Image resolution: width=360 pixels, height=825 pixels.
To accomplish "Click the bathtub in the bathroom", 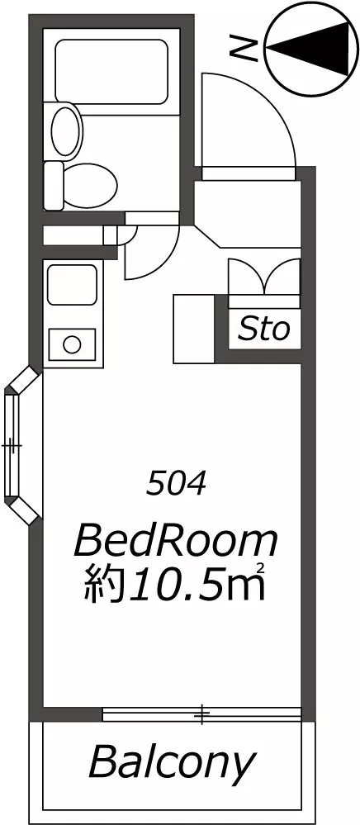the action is (x=111, y=72).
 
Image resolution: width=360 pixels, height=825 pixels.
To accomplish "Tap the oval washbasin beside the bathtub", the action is (x=67, y=130).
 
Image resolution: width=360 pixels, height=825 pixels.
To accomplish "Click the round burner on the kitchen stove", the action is (x=72, y=345).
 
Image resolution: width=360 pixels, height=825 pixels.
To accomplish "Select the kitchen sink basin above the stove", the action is (x=72, y=285).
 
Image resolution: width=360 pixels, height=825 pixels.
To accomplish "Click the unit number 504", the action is (x=176, y=485).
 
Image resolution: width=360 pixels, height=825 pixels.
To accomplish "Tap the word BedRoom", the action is (x=176, y=543).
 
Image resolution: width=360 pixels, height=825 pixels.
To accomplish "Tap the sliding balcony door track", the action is (x=202, y=714).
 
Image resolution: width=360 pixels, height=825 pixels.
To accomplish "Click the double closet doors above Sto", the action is (x=264, y=277).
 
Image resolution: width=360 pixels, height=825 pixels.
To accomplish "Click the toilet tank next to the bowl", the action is (x=53, y=185).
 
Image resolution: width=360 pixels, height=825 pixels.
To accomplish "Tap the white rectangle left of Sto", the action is (x=194, y=329).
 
